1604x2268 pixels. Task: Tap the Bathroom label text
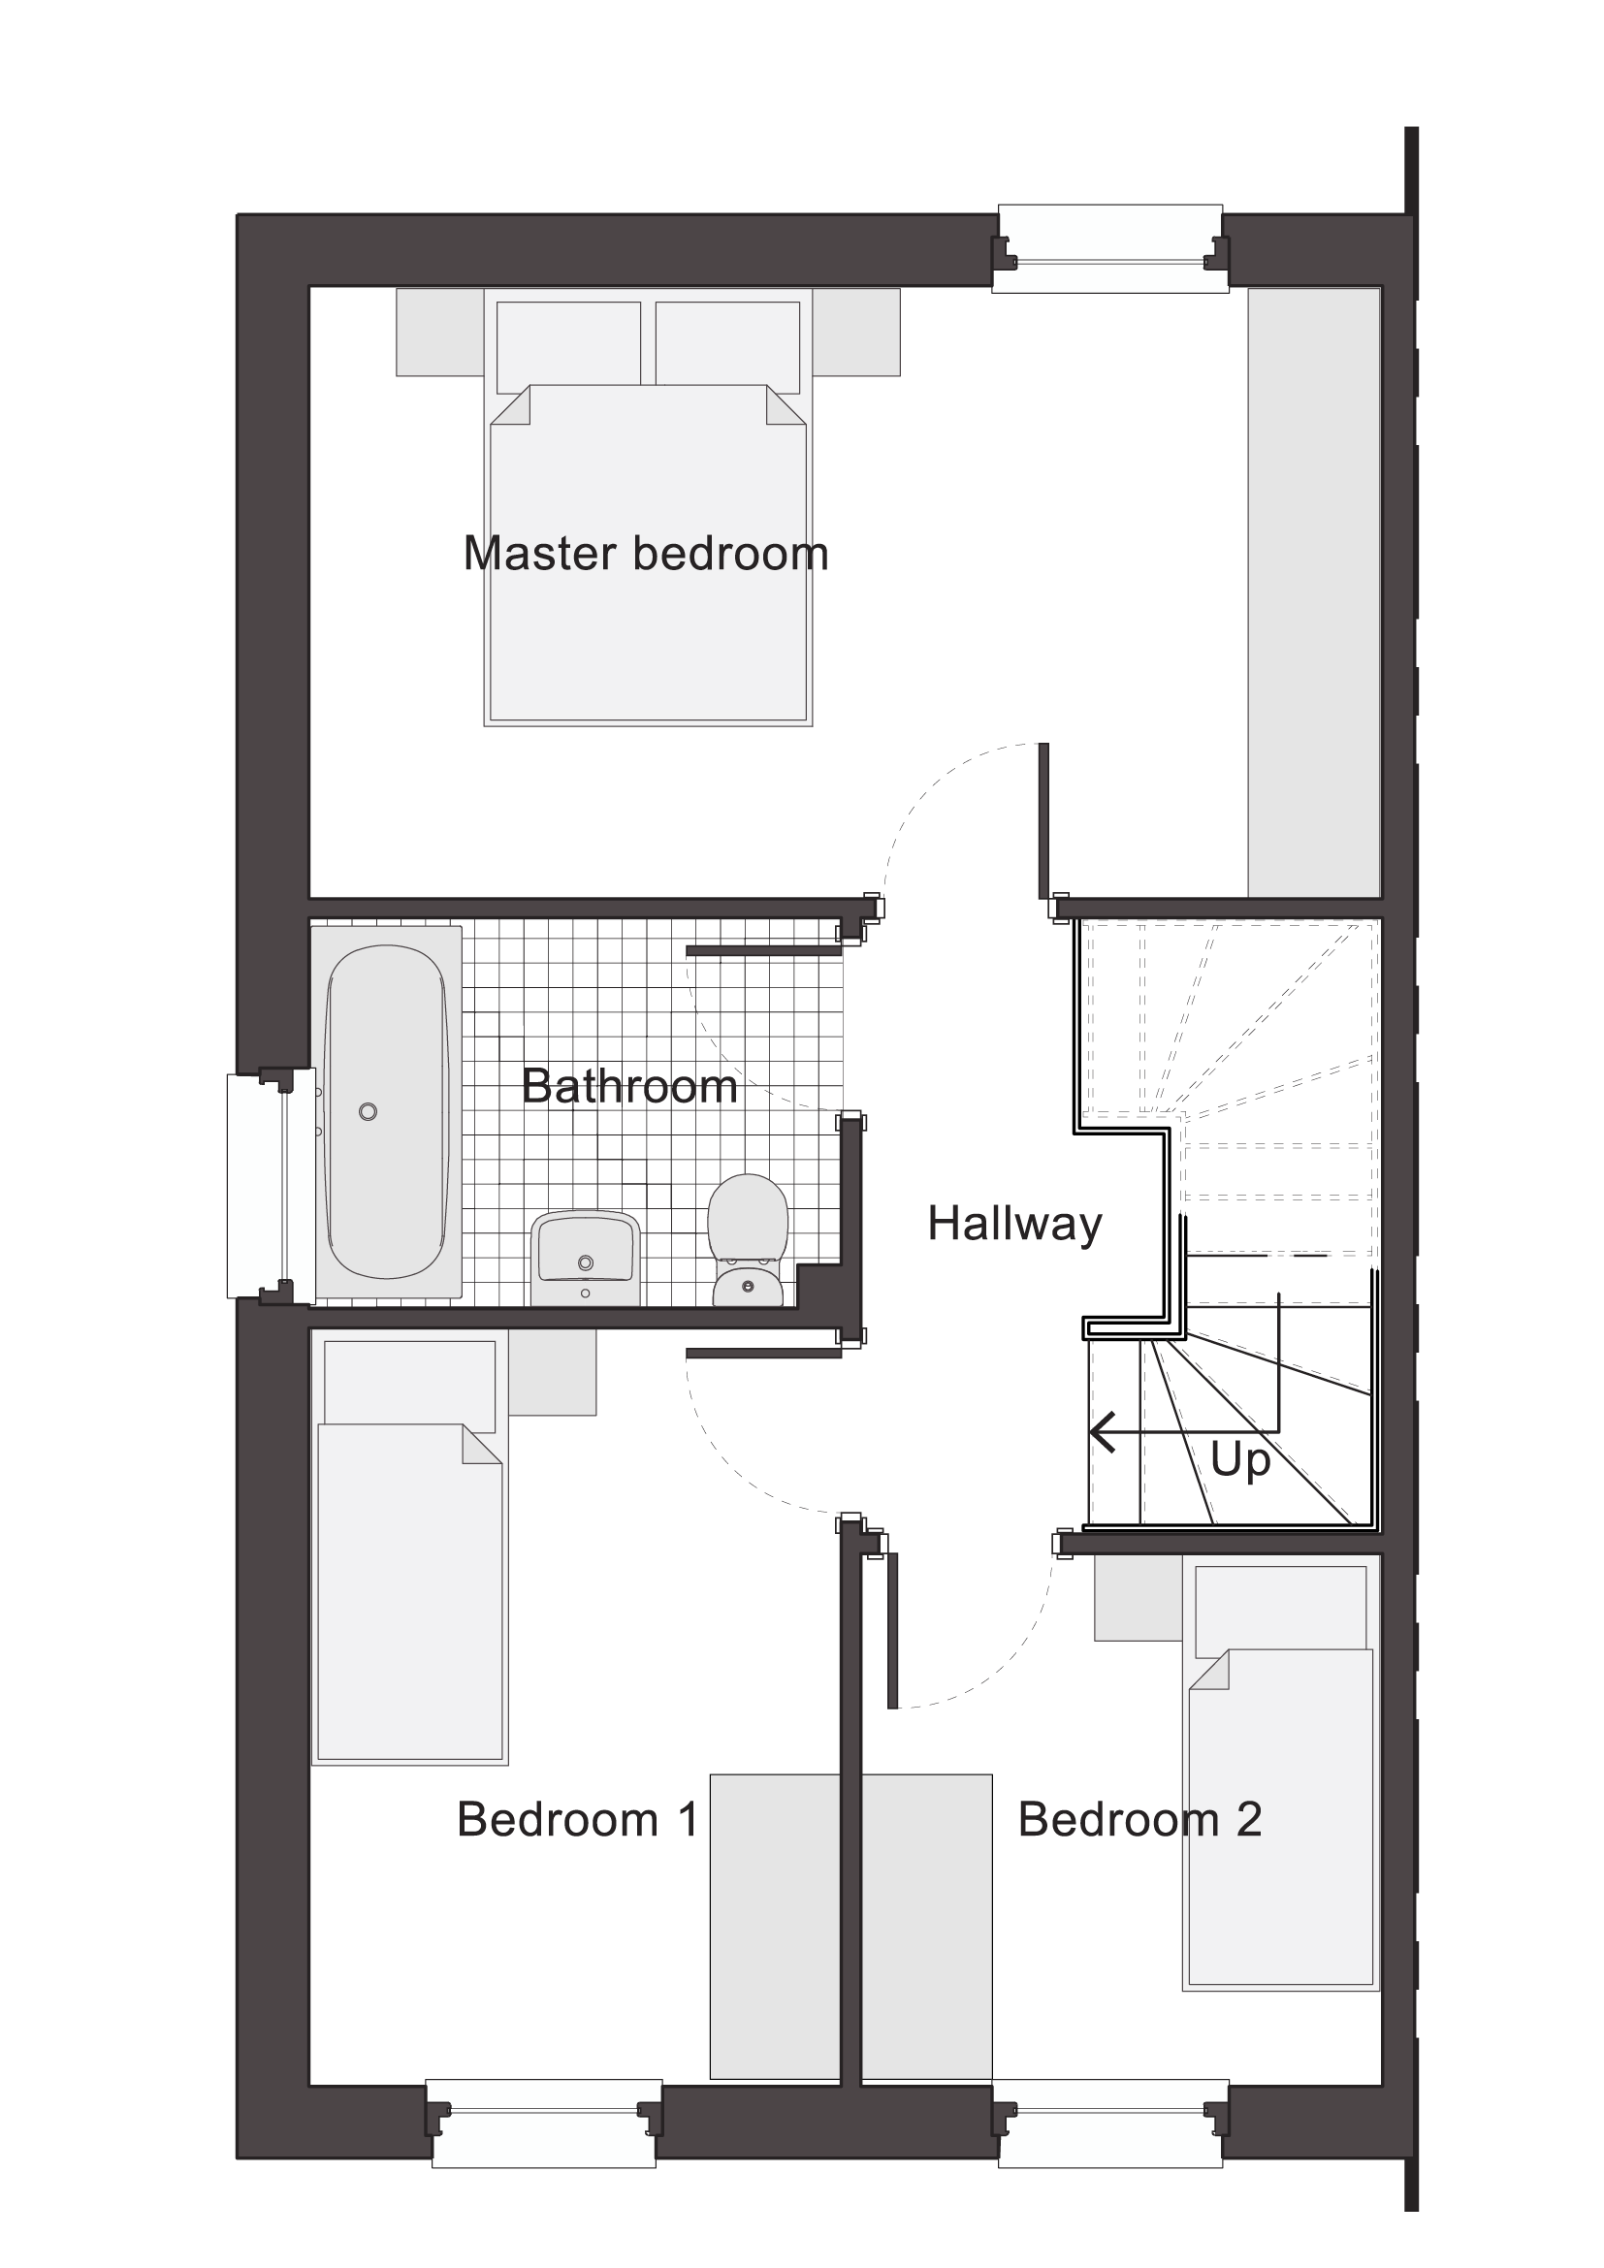coord(629,1087)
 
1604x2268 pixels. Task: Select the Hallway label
coord(1014,1225)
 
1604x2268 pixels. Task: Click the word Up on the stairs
coord(1239,1461)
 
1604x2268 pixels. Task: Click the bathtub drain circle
coord(369,1112)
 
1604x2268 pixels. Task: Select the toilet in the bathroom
coord(748,1240)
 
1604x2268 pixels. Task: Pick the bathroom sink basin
coord(586,1258)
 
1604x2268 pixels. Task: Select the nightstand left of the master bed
coord(440,332)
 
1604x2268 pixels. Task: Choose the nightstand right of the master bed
coord(856,332)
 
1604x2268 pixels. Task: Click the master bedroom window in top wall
coord(1110,249)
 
